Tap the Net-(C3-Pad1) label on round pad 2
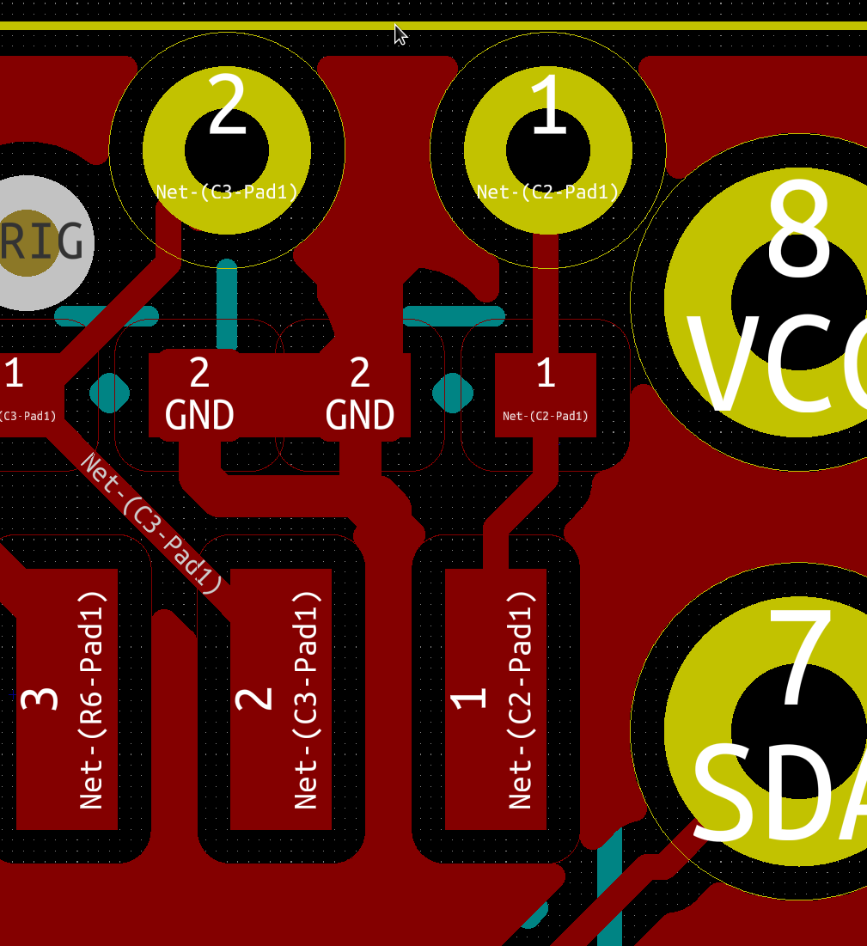[x=227, y=192]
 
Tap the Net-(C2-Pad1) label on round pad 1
[x=548, y=192]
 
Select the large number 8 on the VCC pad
[x=799, y=229]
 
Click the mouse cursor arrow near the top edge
[x=400, y=34]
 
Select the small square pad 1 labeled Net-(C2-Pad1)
[x=545, y=394]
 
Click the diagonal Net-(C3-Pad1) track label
[x=151, y=523]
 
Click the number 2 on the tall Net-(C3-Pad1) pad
[x=254, y=699]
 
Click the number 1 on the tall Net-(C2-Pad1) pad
[x=469, y=699]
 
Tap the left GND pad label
[x=199, y=416]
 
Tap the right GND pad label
[x=360, y=416]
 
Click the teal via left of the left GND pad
[x=110, y=393]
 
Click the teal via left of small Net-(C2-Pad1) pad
[x=452, y=393]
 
